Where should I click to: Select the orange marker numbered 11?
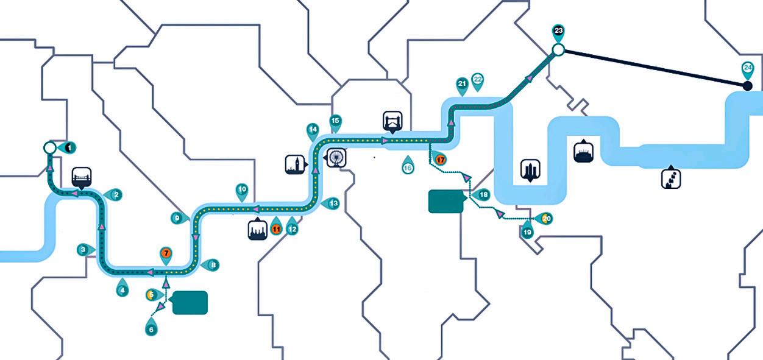click(276, 229)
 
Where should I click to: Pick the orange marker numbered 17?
click(441, 160)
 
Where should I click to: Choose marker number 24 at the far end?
click(748, 68)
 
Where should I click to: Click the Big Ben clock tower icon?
click(294, 164)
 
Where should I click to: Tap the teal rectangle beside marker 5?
click(190, 303)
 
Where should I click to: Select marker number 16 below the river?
click(408, 163)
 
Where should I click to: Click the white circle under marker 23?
click(558, 50)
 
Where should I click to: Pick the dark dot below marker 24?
click(748, 86)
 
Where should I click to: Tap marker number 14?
click(313, 130)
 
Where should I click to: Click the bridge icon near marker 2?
click(82, 175)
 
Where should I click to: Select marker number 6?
click(151, 328)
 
